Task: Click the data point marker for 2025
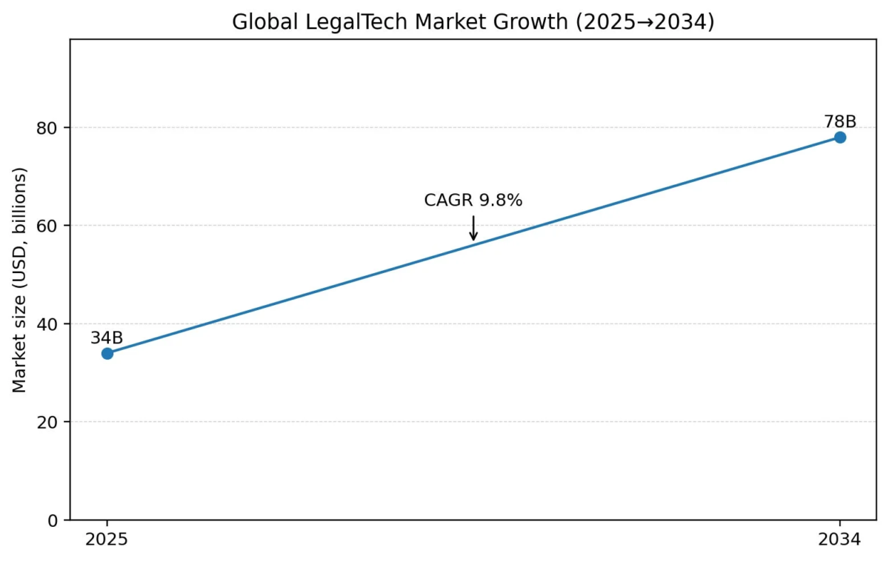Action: click(107, 353)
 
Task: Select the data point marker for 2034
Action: click(839, 137)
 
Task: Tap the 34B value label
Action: click(107, 338)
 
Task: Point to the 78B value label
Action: click(840, 122)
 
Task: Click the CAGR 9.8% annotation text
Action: click(473, 201)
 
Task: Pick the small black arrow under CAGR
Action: click(473, 229)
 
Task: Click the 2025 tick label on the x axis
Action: click(107, 540)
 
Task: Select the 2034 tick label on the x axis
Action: click(839, 540)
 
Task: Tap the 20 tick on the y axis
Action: click(50, 423)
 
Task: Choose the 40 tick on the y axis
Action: click(50, 324)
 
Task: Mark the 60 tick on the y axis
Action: click(50, 226)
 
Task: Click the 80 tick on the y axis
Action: click(50, 128)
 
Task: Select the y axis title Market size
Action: click(20, 280)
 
